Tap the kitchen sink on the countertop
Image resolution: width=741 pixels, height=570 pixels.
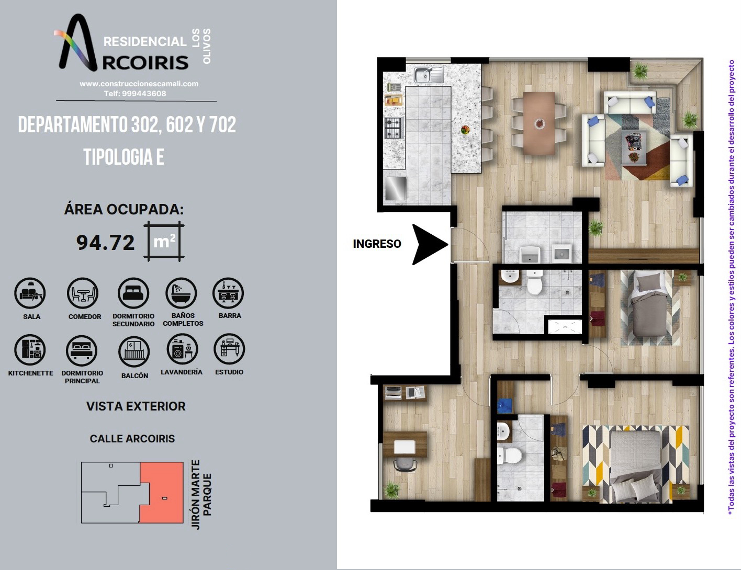click(x=429, y=75)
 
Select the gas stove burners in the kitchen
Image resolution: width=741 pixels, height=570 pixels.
click(x=393, y=128)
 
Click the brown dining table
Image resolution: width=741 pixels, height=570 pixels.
click(x=539, y=123)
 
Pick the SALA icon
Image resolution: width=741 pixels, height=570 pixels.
click(x=30, y=293)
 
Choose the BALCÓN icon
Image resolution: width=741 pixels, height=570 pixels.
click(x=134, y=352)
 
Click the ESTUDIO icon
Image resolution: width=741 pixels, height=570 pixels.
click(x=229, y=349)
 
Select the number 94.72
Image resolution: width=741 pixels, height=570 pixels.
click(x=105, y=243)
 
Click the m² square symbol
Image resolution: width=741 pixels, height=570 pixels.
click(x=164, y=241)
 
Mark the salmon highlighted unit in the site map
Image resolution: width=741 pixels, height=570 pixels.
click(x=161, y=492)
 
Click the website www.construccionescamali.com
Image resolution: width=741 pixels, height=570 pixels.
click(x=139, y=84)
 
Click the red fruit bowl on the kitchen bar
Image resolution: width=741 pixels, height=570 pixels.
click(x=465, y=130)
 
